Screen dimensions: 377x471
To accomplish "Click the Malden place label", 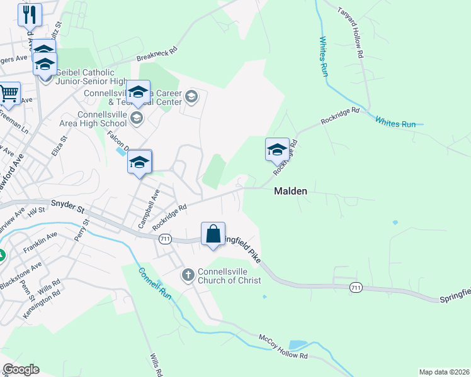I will coord(290,192).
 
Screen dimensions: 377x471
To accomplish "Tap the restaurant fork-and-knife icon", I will coord(30,14).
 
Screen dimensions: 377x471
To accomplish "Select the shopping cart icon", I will coord(9,94).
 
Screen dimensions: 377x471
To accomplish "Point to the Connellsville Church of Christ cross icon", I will coord(188,275).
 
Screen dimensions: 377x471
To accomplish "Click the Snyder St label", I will coord(67,204).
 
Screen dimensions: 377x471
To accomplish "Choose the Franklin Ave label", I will coord(40,242).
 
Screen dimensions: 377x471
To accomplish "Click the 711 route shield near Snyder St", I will coord(166,239).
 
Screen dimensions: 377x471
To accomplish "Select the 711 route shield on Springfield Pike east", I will coord(356,287).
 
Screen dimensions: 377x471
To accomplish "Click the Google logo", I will coord(21,369).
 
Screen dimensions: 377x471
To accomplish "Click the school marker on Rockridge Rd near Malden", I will coord(277,150).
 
